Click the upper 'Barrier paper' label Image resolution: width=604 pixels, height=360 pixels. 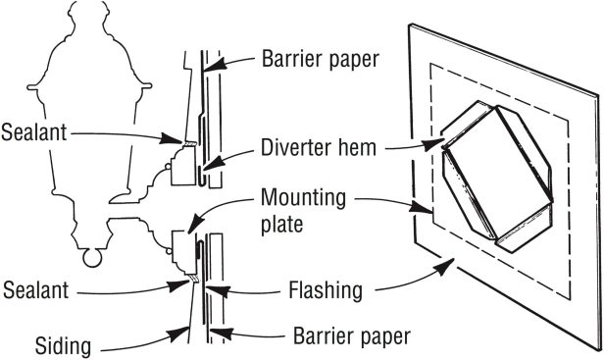click(x=321, y=60)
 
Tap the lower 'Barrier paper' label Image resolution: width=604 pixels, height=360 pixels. click(x=352, y=336)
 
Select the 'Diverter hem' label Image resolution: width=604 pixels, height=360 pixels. click(x=319, y=147)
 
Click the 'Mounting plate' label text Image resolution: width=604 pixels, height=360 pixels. click(x=303, y=211)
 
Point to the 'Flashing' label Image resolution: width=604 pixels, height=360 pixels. click(x=326, y=290)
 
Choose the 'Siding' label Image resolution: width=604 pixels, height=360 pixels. click(x=63, y=346)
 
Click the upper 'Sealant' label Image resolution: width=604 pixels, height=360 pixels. click(x=34, y=132)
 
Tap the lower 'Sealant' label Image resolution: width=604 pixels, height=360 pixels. click(x=35, y=289)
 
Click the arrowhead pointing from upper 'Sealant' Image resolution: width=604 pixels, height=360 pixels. click(x=172, y=138)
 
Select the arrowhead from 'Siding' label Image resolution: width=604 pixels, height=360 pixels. click(x=179, y=334)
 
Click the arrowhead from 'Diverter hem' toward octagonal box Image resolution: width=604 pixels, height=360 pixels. click(x=433, y=145)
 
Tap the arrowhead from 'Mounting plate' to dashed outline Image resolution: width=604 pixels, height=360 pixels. click(x=422, y=208)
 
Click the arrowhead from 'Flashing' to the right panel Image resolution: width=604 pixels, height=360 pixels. click(x=445, y=267)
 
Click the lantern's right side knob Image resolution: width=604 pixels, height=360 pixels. click(x=146, y=85)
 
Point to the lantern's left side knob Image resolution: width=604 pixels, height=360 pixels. click(x=32, y=87)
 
